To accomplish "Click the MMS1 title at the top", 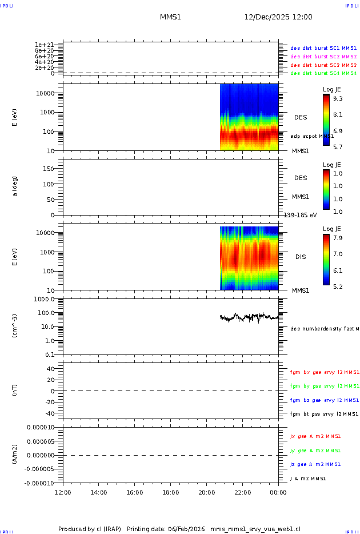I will pos(170,17).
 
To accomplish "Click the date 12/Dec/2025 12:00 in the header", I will pos(278,17).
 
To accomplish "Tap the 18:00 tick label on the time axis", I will pos(170,492).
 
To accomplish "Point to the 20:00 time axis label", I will pos(206,492).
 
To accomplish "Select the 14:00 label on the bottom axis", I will pos(99,492).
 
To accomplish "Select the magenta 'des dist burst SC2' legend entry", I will pos(323,57).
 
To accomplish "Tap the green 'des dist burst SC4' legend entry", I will pos(323,73).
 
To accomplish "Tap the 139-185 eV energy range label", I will pos(301,216).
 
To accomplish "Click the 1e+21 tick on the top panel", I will pos(44,45).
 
